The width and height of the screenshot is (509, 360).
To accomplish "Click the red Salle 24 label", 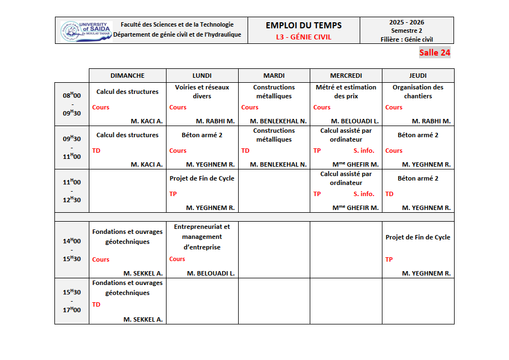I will pyautogui.click(x=435, y=53).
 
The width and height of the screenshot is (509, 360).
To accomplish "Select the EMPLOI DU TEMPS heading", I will pyautogui.click(x=304, y=25).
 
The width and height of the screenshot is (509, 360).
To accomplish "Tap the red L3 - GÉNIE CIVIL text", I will pyautogui.click(x=304, y=37).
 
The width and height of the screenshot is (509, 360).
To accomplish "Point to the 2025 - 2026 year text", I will pyautogui.click(x=406, y=22).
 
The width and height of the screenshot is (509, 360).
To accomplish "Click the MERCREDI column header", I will pyautogui.click(x=346, y=76).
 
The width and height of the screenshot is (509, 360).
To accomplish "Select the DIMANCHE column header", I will pyautogui.click(x=127, y=76).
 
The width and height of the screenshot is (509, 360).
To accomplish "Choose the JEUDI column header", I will pyautogui.click(x=417, y=76).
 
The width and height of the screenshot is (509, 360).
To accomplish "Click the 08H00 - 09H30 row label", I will pyautogui.click(x=72, y=104).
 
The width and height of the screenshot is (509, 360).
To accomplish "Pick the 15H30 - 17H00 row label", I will pyautogui.click(x=72, y=301).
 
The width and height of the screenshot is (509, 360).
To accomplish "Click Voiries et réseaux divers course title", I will pyautogui.click(x=202, y=92).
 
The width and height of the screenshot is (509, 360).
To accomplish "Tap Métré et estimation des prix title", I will pyautogui.click(x=346, y=92).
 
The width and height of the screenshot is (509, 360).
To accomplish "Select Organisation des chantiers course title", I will pyautogui.click(x=417, y=92).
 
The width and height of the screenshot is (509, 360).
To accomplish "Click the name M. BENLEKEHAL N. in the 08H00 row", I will pyautogui.click(x=278, y=121).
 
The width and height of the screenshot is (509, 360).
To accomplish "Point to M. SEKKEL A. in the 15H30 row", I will pyautogui.click(x=143, y=319).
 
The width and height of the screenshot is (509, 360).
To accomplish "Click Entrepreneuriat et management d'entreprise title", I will pyautogui.click(x=202, y=237).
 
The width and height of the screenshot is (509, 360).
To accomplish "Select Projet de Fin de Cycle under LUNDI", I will pyautogui.click(x=202, y=178).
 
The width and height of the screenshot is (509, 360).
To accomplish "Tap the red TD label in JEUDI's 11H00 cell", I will pyautogui.click(x=389, y=194).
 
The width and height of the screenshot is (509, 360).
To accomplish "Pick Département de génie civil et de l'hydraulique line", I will pyautogui.click(x=177, y=34).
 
